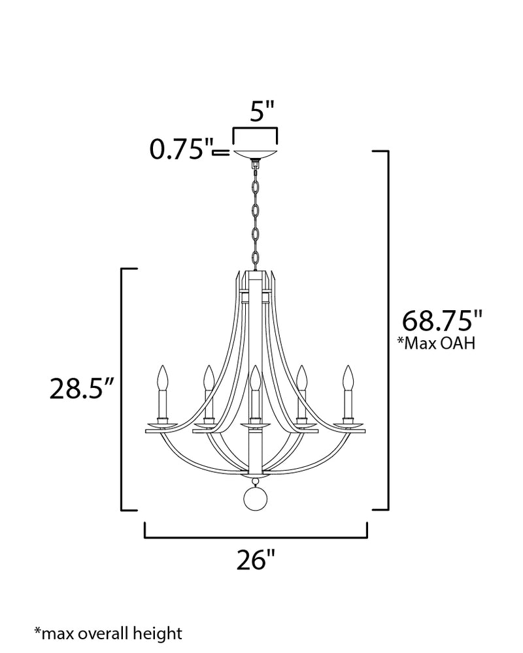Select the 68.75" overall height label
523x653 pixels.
442,320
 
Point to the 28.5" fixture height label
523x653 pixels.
82,389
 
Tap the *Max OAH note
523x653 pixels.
436,343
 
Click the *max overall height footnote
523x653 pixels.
108,633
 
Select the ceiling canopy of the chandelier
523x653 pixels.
255,153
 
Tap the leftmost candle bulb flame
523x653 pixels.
163,377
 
